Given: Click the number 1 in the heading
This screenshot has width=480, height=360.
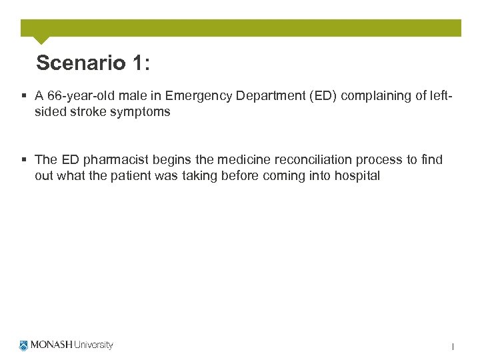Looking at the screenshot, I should pyautogui.click(x=138, y=63).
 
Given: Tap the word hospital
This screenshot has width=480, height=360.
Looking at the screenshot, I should pyautogui.click(x=358, y=176).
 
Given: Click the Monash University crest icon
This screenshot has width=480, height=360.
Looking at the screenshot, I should pyautogui.click(x=25, y=345).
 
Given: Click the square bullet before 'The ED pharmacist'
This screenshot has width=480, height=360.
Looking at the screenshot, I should pyautogui.click(x=25, y=160).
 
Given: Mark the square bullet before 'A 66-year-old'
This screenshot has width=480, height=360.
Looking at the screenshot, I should pyautogui.click(x=25, y=96).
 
